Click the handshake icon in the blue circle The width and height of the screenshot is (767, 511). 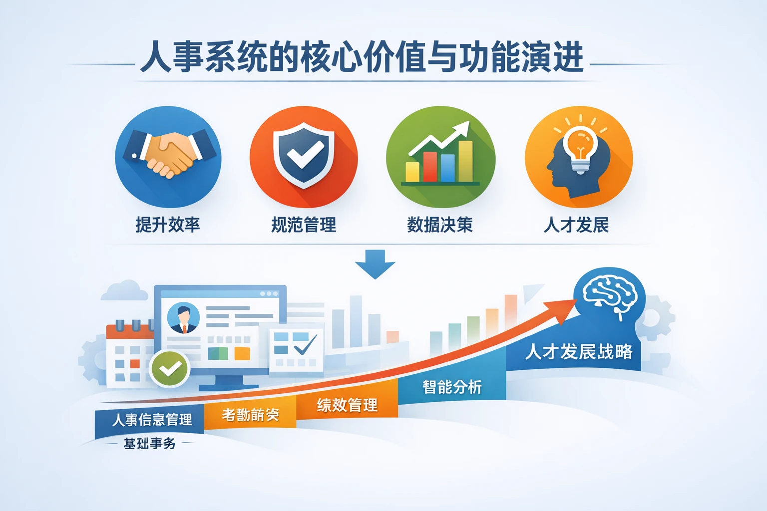pyautogui.click(x=168, y=155)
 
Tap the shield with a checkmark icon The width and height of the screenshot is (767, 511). pyautogui.click(x=304, y=155)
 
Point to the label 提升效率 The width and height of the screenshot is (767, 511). pyautogui.click(x=168, y=225)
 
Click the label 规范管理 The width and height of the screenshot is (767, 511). pyautogui.click(x=304, y=225)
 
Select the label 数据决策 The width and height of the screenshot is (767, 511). pyautogui.click(x=440, y=225)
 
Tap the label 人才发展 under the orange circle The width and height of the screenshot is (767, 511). pyautogui.click(x=576, y=225)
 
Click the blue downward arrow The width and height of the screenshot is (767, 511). pyautogui.click(x=375, y=263)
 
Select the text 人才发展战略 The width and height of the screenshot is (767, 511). pyautogui.click(x=579, y=352)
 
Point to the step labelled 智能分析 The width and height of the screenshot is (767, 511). pyautogui.click(x=452, y=387)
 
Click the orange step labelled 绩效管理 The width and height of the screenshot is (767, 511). pyautogui.click(x=347, y=405)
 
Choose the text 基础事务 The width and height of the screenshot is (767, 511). pyautogui.click(x=149, y=443)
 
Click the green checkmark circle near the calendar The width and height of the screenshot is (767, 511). pyautogui.click(x=170, y=369)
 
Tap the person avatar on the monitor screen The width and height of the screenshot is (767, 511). pyautogui.click(x=183, y=318)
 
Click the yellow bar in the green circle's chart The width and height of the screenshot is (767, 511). pyautogui.click(x=412, y=172)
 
